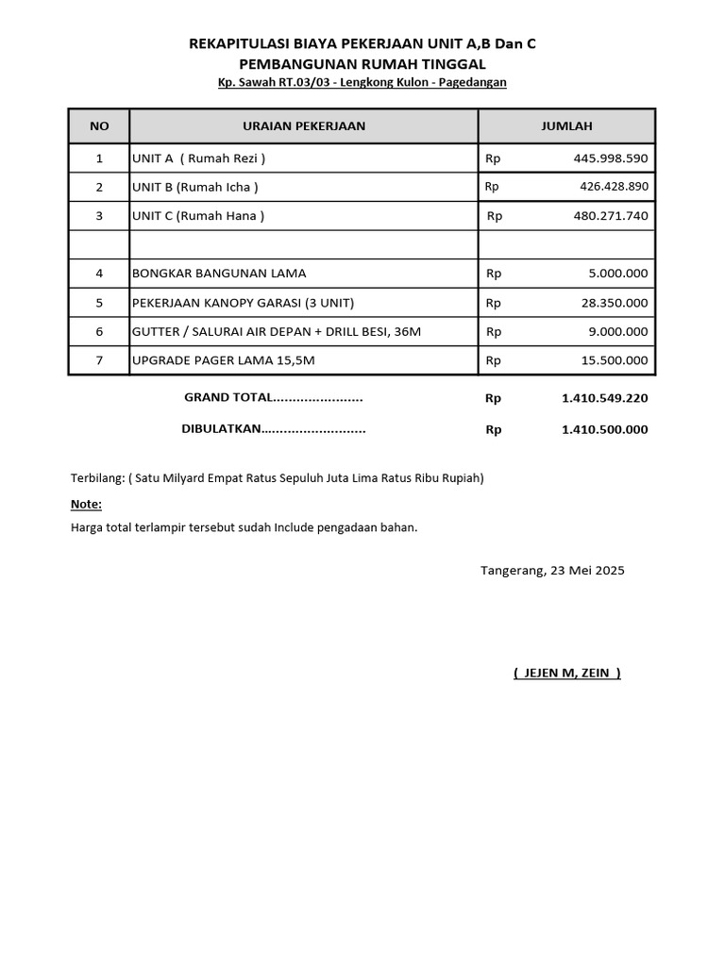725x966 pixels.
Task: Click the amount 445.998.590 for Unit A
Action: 610,158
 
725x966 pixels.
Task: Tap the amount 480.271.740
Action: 610,216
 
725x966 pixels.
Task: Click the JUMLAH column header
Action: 566,126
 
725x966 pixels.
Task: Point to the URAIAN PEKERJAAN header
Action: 303,126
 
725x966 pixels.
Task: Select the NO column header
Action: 99,126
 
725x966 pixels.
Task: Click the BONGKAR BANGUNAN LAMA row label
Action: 219,274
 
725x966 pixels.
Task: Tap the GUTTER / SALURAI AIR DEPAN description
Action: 277,331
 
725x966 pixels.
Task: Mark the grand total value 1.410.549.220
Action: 604,398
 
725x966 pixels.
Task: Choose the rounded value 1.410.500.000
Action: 604,429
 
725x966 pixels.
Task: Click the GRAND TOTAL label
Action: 273,398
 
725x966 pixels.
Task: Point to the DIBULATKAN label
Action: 273,429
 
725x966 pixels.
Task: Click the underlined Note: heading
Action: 86,505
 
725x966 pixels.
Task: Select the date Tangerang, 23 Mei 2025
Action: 552,571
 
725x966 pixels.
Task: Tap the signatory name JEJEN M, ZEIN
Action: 566,673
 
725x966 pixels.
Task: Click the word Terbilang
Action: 97,478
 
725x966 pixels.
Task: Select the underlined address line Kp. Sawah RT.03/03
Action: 362,83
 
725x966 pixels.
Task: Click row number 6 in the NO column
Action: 99,331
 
